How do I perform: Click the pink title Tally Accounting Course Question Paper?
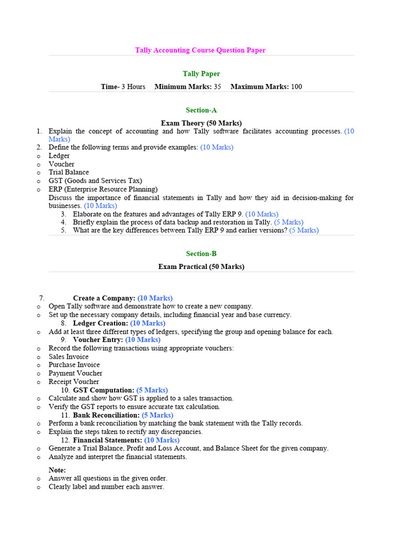(200, 50)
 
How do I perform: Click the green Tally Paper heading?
(201, 74)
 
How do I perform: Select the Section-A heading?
(201, 110)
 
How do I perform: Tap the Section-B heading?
(201, 254)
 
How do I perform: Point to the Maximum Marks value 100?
(296, 87)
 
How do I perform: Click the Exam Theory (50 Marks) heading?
(201, 123)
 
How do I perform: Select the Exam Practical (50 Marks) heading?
(201, 266)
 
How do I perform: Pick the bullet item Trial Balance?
(69, 172)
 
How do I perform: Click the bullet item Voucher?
(61, 164)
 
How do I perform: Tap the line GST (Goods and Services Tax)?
(96, 181)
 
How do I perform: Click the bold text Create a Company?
(104, 298)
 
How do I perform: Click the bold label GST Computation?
(104, 390)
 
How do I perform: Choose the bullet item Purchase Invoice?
(74, 365)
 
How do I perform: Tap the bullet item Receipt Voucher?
(73, 381)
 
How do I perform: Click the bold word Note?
(57, 470)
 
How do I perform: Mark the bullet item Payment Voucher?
(76, 373)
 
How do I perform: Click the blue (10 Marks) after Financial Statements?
(162, 440)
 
